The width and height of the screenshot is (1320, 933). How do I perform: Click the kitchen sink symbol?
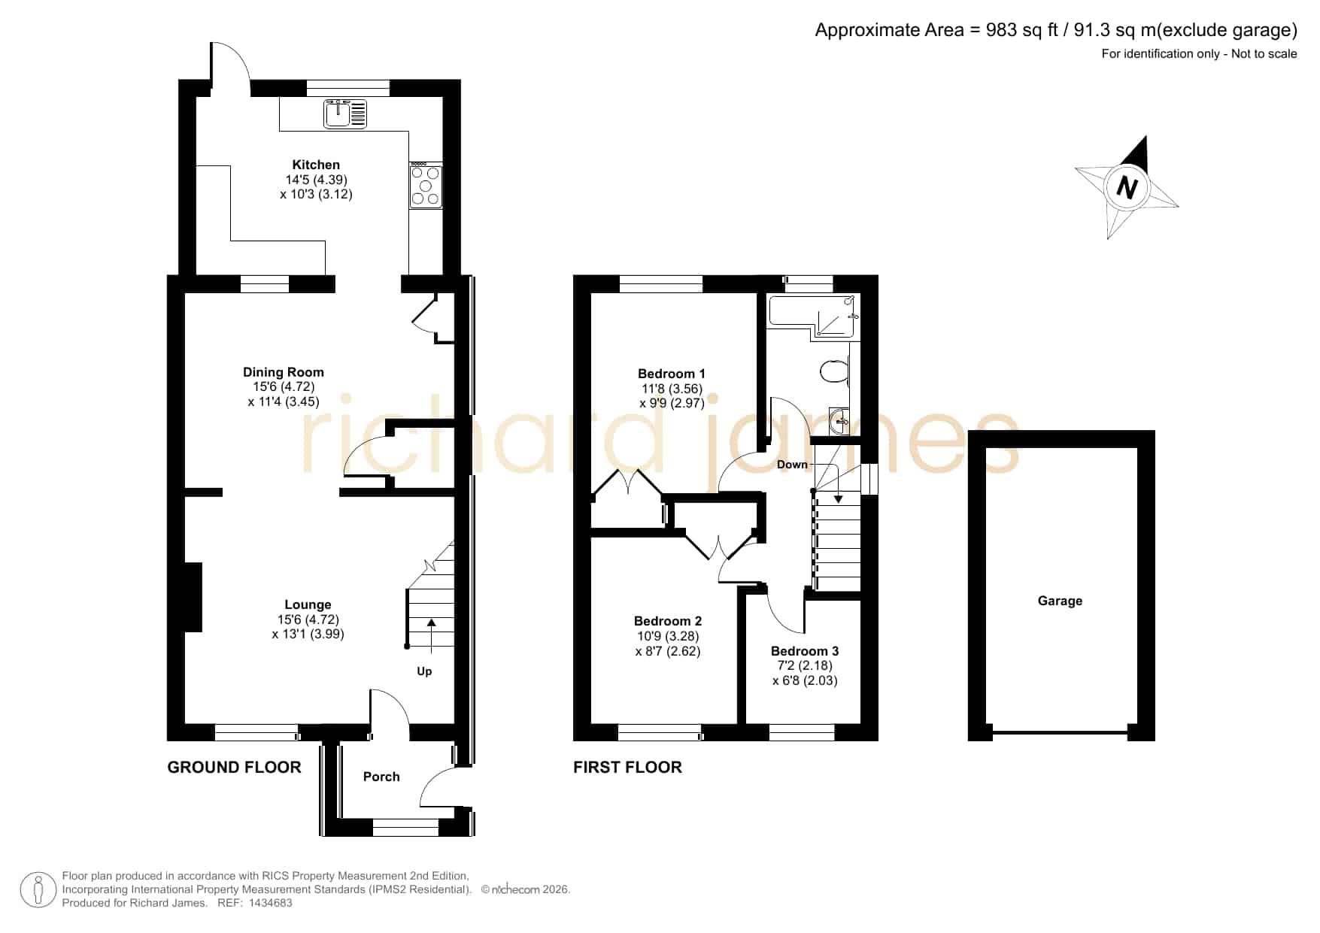[346, 114]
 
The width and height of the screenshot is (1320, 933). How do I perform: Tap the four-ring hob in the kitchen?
[425, 185]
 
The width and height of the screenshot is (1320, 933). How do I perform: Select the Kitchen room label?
[316, 165]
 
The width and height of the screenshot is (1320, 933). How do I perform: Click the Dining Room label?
[284, 372]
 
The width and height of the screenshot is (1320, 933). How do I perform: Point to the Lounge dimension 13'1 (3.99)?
[308, 634]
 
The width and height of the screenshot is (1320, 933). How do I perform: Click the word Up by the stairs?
[424, 671]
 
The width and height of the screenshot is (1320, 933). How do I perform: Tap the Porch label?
[381, 777]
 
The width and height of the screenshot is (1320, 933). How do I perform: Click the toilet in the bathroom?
[835, 371]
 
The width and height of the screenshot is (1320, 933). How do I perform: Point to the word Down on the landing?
[792, 465]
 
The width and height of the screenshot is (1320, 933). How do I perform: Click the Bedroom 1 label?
[672, 374]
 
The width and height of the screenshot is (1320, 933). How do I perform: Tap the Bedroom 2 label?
[668, 621]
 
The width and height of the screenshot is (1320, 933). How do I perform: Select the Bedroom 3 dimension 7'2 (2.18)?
[805, 666]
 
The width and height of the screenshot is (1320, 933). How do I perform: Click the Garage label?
[1060, 601]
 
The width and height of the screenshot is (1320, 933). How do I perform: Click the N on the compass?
[1126, 186]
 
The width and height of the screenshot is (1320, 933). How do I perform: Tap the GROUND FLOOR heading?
[234, 768]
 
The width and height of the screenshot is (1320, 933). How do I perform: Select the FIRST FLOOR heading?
[627, 768]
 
